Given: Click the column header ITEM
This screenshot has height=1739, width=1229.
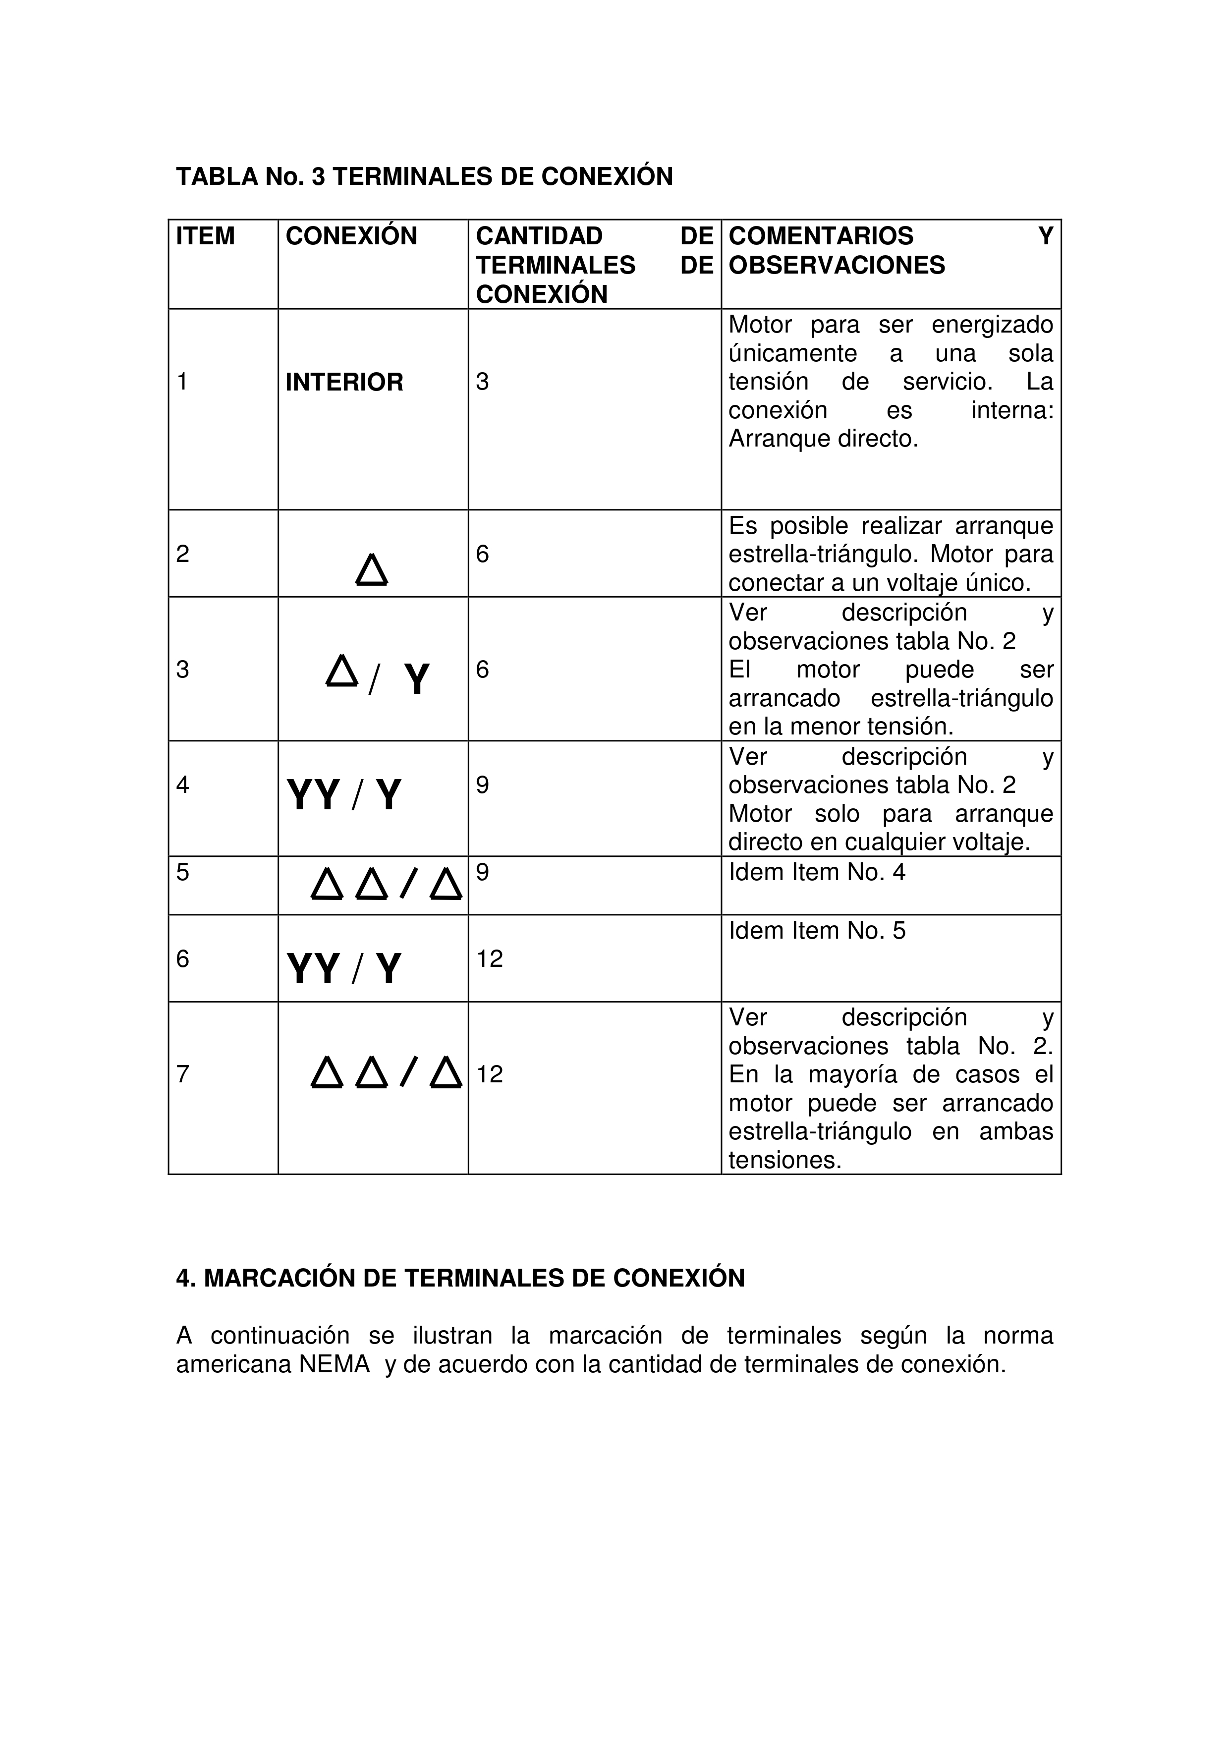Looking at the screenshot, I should (x=205, y=236).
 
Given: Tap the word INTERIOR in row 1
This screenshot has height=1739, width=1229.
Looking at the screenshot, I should (x=344, y=382).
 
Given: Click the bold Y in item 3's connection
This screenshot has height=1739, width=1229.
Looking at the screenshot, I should (x=416, y=678).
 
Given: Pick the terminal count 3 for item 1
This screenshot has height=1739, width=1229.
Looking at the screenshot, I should (x=482, y=382).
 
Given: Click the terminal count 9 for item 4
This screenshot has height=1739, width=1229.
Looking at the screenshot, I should (x=482, y=785).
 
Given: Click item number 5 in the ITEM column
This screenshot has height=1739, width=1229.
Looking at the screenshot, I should (x=182, y=873).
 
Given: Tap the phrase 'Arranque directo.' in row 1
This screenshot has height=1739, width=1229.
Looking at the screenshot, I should (x=823, y=439).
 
